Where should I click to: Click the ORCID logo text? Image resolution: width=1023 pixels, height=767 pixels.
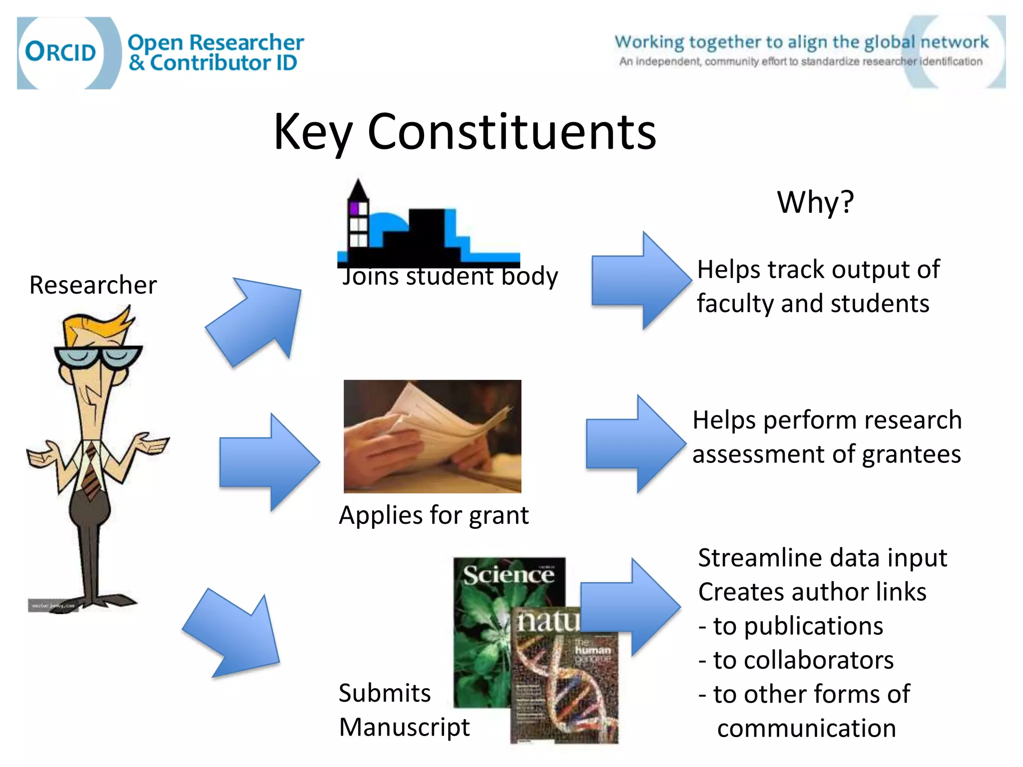pyautogui.click(x=60, y=52)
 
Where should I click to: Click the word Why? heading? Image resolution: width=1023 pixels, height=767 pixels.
pyautogui.click(x=815, y=202)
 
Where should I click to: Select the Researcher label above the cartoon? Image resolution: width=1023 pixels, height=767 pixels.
pyautogui.click(x=93, y=285)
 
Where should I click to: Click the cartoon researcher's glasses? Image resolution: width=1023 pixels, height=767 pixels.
pyautogui.click(x=98, y=357)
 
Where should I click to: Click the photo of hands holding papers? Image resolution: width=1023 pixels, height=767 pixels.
pyautogui.click(x=432, y=436)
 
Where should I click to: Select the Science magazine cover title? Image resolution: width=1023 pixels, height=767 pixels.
pyautogui.click(x=508, y=575)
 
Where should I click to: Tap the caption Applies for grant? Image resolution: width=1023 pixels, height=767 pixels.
pyautogui.click(x=433, y=515)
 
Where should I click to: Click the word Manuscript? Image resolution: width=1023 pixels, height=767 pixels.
pyautogui.click(x=404, y=727)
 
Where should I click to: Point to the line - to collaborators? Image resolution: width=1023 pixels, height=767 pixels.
pyautogui.click(x=796, y=660)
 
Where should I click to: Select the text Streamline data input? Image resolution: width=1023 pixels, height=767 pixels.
pyautogui.click(x=822, y=558)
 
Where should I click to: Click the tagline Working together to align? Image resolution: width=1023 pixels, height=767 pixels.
pyautogui.click(x=801, y=42)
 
